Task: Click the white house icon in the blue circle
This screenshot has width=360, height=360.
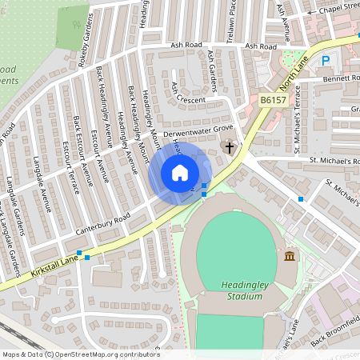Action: click(x=180, y=173)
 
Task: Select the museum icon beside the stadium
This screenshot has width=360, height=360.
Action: click(x=289, y=255)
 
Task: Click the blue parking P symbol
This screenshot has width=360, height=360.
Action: click(x=326, y=60)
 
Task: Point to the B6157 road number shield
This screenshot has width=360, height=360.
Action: click(x=273, y=100)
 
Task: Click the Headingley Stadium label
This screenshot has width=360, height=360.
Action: click(x=242, y=290)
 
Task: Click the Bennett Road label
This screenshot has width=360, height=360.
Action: click(x=340, y=80)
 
